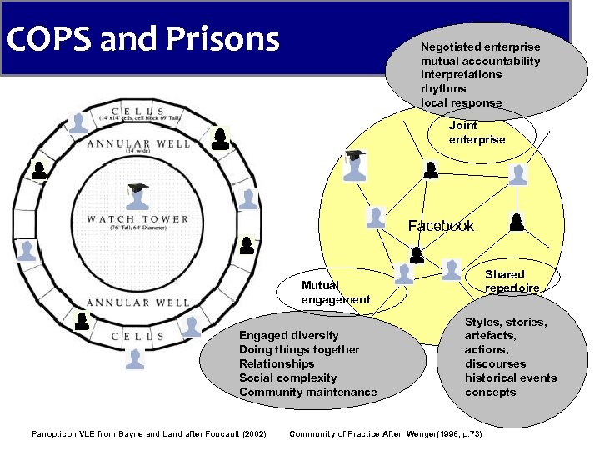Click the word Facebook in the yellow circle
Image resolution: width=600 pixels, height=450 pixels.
pyautogui.click(x=440, y=226)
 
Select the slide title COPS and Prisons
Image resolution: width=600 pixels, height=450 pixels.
pyautogui.click(x=142, y=38)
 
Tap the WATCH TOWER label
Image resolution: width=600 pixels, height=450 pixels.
pyautogui.click(x=137, y=220)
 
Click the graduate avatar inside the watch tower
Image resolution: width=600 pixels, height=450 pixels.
pyautogui.click(x=137, y=196)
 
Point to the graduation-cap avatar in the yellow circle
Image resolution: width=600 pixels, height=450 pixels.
pyautogui.click(x=356, y=165)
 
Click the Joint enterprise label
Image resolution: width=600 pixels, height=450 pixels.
pyautogui.click(x=477, y=132)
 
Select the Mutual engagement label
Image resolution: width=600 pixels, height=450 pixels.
pyautogui.click(x=335, y=292)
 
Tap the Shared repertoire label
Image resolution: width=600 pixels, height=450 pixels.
pyautogui.click(x=511, y=281)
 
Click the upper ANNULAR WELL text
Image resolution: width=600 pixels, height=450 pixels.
pyautogui.click(x=138, y=143)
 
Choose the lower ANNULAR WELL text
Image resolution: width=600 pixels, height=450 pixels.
pyautogui.click(x=138, y=302)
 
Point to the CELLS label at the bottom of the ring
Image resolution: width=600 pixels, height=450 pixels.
pyautogui.click(x=138, y=336)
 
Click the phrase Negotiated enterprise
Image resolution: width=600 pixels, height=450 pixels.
pyautogui.click(x=480, y=47)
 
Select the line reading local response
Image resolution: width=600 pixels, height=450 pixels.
pyautogui.click(x=461, y=102)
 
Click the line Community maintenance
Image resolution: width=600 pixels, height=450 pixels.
pyautogui.click(x=307, y=392)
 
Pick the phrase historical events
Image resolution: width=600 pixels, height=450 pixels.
pyautogui.click(x=510, y=377)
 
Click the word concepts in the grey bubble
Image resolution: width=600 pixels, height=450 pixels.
pyautogui.click(x=490, y=392)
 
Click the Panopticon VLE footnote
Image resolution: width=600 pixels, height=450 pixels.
pyautogui.click(x=148, y=433)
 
